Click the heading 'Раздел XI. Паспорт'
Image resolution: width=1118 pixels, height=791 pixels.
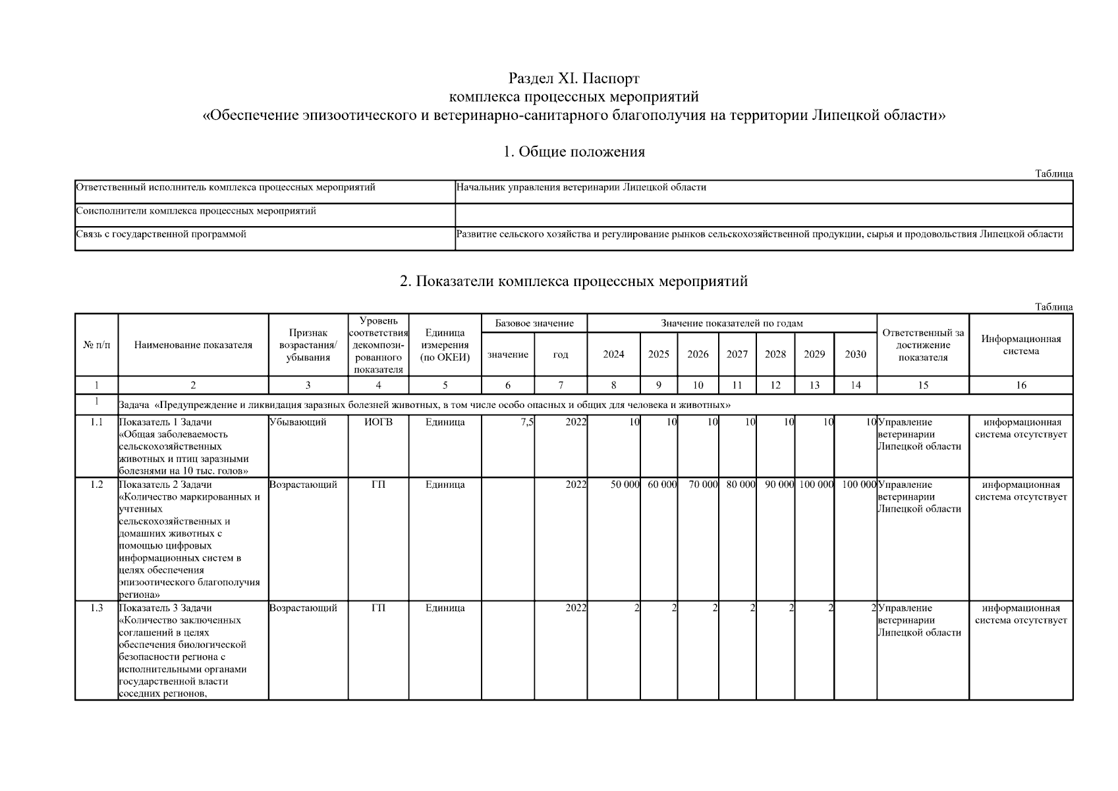574,79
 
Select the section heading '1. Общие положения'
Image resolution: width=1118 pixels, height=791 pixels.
574,152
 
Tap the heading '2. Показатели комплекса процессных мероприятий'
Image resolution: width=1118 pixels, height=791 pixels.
574,281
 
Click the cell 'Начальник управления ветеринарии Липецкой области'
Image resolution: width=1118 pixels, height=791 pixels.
581,187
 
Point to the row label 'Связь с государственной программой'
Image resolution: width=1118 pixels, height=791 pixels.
161,234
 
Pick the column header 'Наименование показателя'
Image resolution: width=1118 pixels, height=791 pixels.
193,345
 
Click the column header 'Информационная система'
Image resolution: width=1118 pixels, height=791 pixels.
1020,345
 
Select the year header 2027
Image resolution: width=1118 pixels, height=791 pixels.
737,355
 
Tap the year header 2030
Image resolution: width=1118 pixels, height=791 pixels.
855,355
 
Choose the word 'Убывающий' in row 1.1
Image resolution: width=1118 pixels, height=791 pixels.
298,423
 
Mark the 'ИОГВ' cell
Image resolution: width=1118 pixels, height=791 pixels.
378,423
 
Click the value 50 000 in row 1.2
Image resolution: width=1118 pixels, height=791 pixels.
625,484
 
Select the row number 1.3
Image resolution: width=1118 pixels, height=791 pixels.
97,608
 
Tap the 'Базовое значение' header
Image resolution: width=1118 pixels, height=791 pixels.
534,323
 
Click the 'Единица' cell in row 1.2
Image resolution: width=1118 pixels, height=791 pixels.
445,484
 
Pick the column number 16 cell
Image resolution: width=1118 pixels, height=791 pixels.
1020,386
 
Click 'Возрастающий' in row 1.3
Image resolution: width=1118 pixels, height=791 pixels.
303,608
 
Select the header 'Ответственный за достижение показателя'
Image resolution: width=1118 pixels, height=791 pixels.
922,345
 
